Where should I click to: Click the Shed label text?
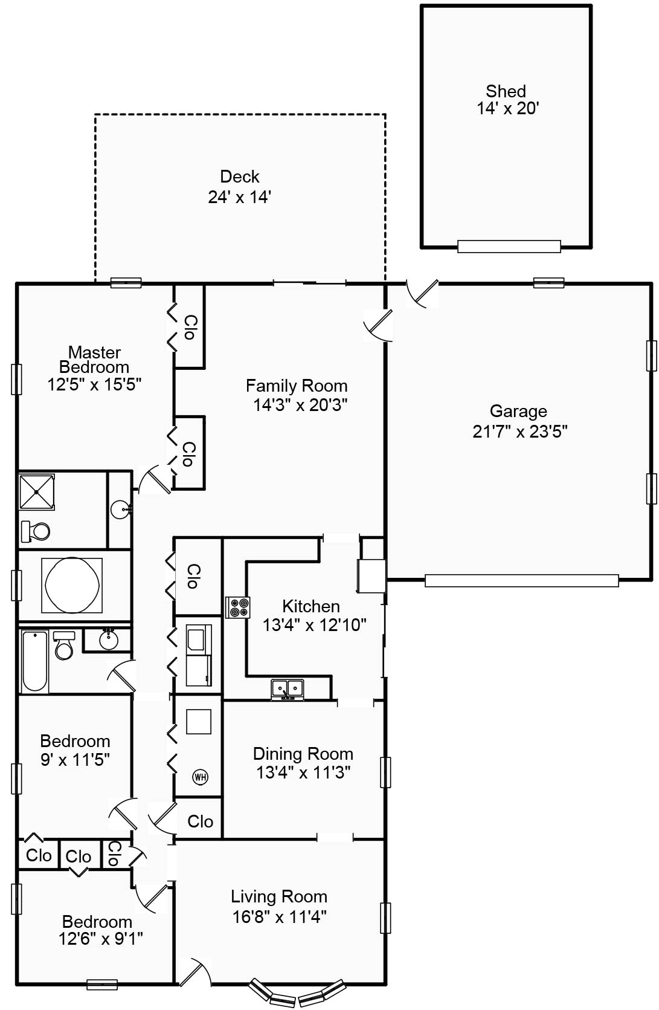click(506, 91)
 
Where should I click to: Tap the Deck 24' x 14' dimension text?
click(239, 197)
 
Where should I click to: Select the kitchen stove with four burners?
click(237, 607)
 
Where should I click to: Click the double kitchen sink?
click(287, 688)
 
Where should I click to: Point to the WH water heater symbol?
click(200, 777)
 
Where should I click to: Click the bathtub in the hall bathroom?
click(34, 661)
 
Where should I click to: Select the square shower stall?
click(37, 492)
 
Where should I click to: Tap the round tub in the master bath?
click(72, 585)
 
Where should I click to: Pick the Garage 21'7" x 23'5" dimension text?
click(519, 432)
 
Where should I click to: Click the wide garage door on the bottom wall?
click(521, 580)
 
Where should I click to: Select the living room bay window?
click(298, 994)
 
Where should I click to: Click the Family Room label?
click(296, 386)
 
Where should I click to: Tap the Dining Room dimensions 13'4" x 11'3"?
click(303, 772)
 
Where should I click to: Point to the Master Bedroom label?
click(94, 360)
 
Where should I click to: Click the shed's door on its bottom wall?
click(509, 246)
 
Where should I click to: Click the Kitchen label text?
click(310, 606)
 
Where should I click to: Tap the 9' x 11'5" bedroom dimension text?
click(75, 759)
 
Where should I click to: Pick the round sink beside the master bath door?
click(121, 510)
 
